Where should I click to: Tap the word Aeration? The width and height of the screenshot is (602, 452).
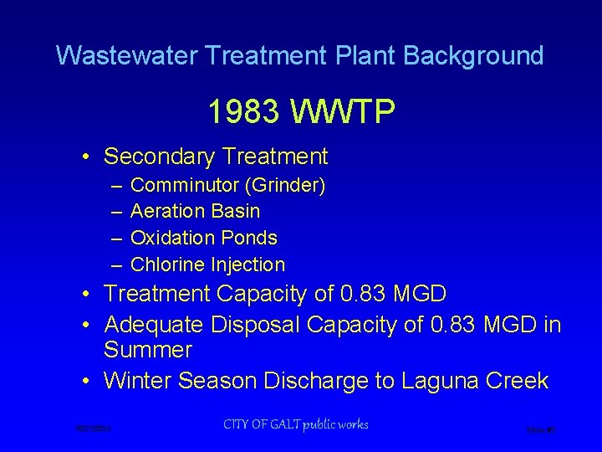168,211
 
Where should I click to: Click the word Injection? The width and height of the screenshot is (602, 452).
247,265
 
